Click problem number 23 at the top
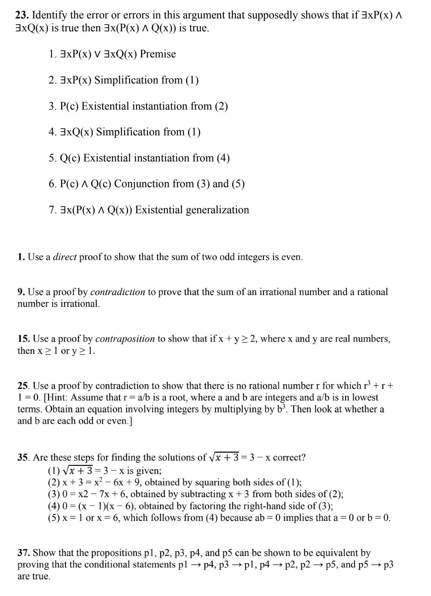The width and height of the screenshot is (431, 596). (x=22, y=15)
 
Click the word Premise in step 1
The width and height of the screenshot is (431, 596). (x=158, y=54)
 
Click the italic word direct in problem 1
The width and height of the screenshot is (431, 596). (x=65, y=257)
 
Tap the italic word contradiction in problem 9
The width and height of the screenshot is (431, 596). (x=117, y=292)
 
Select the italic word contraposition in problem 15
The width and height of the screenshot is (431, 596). (x=125, y=339)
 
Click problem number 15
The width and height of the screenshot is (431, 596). (x=24, y=339)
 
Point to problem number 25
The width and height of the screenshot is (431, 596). (x=24, y=386)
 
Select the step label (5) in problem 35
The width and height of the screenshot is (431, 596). (x=54, y=518)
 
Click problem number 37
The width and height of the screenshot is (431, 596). (x=24, y=553)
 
